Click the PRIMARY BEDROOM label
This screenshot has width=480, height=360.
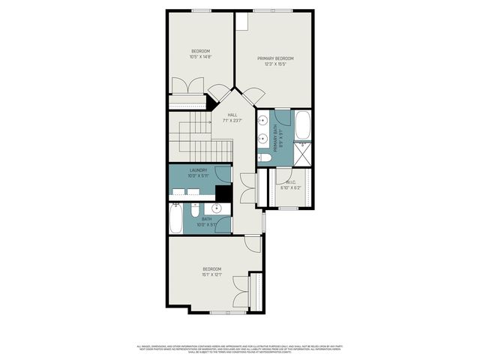(x=275, y=58)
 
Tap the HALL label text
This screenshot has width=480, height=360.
(x=233, y=115)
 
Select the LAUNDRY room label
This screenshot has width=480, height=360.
(x=198, y=170)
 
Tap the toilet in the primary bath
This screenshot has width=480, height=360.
(x=265, y=157)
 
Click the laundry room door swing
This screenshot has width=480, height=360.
(x=223, y=175)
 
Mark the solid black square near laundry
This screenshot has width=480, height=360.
(x=223, y=192)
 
